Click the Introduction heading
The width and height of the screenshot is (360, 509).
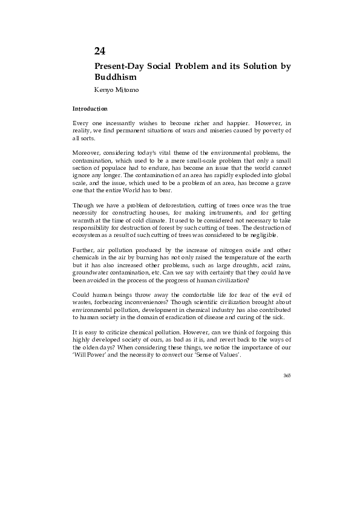pyautogui.click(x=90, y=109)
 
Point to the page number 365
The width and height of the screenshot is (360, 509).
pyautogui.click(x=287, y=375)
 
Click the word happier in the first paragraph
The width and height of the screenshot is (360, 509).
pyautogui.click(x=214, y=123)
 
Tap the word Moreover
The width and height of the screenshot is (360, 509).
pyautogui.click(x=87, y=152)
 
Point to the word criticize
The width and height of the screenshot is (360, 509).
pyautogui.click(x=122, y=332)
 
